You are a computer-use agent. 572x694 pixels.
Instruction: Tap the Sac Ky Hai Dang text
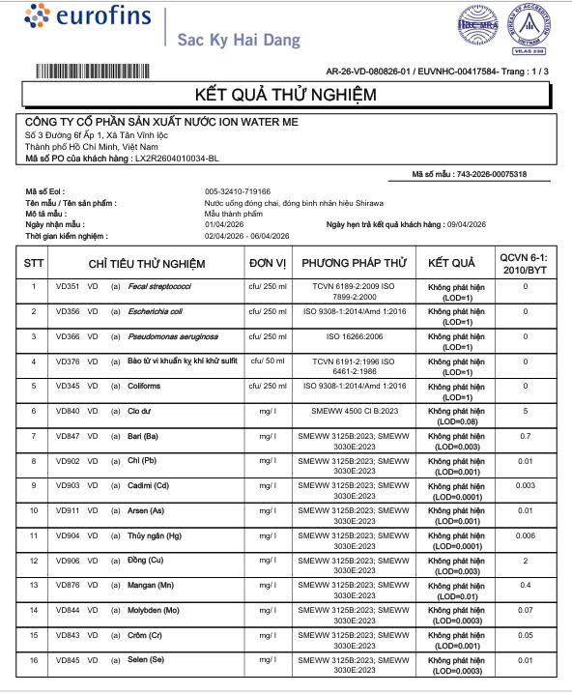pyautogui.click(x=238, y=40)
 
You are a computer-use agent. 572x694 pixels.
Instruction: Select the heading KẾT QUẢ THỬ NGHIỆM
pyautogui.click(x=286, y=94)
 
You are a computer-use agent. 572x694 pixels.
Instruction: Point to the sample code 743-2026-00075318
pyautogui.click(x=492, y=174)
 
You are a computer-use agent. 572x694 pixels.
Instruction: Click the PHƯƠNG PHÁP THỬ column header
pyautogui.click(x=354, y=263)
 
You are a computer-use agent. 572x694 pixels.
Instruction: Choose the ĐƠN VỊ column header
pyautogui.click(x=268, y=263)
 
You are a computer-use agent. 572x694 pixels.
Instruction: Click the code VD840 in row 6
pyautogui.click(x=68, y=411)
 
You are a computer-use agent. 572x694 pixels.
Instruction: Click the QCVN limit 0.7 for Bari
pyautogui.click(x=525, y=436)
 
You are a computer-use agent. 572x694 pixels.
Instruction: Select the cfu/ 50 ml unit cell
pyautogui.click(x=268, y=361)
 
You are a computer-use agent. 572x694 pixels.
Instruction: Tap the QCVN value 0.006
pyautogui.click(x=525, y=535)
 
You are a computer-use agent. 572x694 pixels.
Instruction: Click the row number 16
pyautogui.click(x=34, y=660)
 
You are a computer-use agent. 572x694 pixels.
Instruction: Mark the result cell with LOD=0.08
pyautogui.click(x=456, y=416)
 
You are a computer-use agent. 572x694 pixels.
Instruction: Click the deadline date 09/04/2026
pyautogui.click(x=465, y=224)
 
